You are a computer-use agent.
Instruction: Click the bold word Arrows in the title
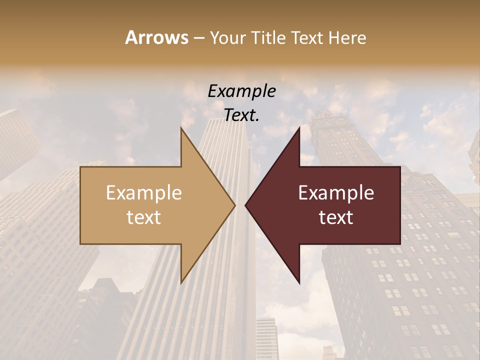click(156, 37)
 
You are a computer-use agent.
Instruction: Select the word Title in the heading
click(267, 37)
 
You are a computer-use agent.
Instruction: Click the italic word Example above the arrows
click(241, 91)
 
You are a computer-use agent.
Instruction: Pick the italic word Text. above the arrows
click(241, 115)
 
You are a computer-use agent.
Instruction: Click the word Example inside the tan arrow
click(144, 193)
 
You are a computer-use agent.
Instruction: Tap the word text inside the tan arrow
click(144, 217)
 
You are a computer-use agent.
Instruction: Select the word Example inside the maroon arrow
click(336, 193)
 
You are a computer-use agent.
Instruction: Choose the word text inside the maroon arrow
click(336, 217)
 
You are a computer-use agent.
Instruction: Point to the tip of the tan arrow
click(235, 205)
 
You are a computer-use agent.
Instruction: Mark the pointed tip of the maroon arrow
click(245, 205)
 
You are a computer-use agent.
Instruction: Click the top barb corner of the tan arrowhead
click(181, 128)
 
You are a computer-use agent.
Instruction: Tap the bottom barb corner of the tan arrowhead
click(181, 282)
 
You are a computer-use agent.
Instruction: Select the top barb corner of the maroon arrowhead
click(299, 128)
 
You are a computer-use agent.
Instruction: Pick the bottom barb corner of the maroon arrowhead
click(299, 282)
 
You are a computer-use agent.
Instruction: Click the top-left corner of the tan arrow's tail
click(80, 167)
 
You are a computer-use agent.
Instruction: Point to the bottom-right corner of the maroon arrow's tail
click(400, 244)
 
